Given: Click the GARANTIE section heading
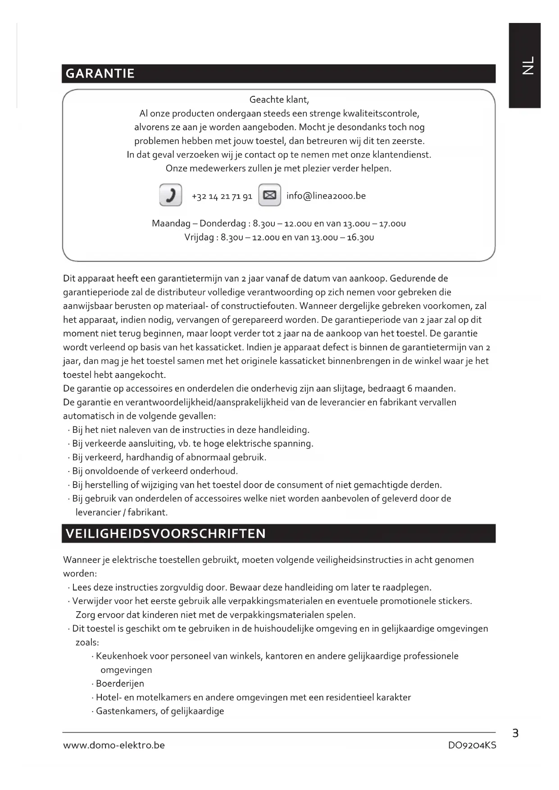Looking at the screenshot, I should (x=100, y=73).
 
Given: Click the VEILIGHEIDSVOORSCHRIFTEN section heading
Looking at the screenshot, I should (x=166, y=534).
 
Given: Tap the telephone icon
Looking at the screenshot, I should (x=170, y=195).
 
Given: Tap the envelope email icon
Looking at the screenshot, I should (x=269, y=195).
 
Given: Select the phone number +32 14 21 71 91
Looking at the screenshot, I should (x=222, y=196).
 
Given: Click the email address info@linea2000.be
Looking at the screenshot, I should (x=326, y=196).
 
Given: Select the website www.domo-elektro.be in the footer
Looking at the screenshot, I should (x=114, y=745).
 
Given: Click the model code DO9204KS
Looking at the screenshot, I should (x=472, y=745).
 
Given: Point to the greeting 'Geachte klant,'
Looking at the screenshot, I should (x=279, y=100).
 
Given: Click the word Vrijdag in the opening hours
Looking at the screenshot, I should (x=199, y=237).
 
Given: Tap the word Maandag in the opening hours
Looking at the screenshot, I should (x=171, y=223).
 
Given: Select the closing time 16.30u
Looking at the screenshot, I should (x=360, y=237).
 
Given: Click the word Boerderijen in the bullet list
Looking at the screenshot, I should (x=120, y=684).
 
